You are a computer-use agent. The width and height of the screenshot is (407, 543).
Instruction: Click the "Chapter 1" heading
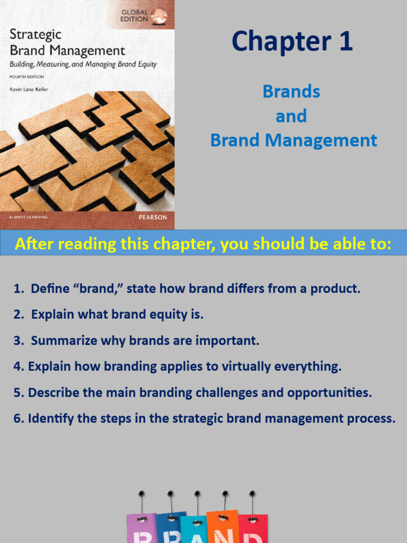pos(292,42)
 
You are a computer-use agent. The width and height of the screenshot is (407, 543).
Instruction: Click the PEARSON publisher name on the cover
pos(153,217)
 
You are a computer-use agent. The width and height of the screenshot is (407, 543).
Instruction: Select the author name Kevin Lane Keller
pos(29,90)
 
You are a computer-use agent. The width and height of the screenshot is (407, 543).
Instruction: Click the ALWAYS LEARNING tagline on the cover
pos(27,217)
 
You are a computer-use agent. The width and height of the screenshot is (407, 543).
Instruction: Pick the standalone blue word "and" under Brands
pos(291,116)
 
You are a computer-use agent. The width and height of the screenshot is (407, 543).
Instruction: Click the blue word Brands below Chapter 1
pos(291,92)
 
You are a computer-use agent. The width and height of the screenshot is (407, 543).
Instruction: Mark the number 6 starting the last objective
pos(17,419)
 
